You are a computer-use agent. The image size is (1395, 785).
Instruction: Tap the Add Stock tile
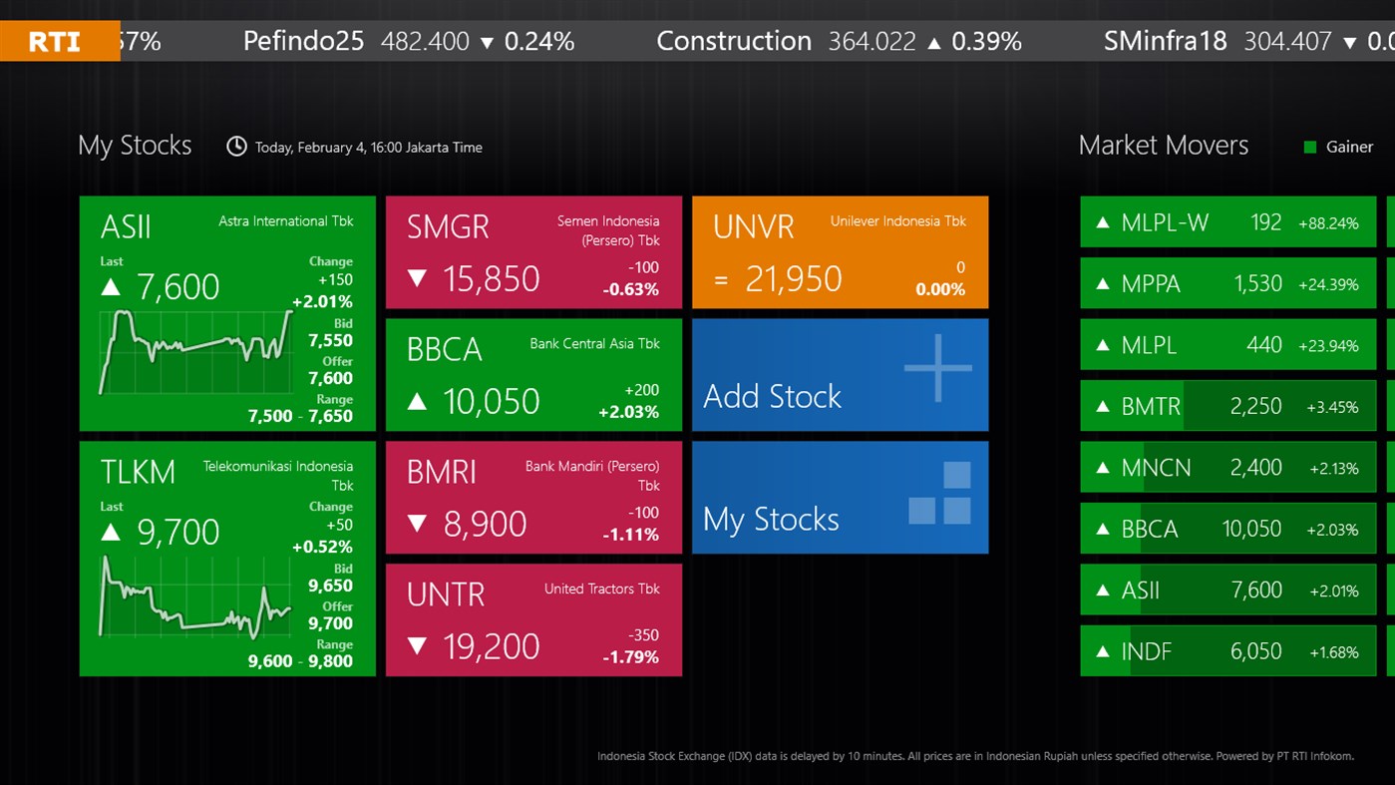840,375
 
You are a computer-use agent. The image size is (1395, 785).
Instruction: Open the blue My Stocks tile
840,498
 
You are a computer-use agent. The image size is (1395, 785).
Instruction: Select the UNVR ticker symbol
753,226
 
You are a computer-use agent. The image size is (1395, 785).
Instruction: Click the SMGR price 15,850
491,279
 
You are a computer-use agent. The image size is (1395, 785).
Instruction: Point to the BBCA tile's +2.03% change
628,412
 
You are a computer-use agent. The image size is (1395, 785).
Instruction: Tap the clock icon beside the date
236,147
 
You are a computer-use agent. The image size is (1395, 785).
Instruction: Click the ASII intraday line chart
195,351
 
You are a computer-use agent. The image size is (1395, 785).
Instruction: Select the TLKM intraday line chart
195,596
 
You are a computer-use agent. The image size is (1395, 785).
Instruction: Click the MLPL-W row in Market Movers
1227,222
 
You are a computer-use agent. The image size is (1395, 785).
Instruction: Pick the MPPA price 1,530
1257,284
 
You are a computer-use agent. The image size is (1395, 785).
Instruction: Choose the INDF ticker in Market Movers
1146,652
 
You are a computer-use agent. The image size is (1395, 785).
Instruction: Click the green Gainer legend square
1310,148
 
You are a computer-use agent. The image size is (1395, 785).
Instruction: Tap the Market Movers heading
1163,146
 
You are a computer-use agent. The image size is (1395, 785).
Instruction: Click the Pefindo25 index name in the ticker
303,41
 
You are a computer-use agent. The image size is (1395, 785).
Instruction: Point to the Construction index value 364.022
872,41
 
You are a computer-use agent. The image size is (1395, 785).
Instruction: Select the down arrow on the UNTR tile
418,646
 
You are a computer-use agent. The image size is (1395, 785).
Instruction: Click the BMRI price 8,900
485,525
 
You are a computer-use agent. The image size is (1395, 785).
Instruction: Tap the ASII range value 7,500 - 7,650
300,416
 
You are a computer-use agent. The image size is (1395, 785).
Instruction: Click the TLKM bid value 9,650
330,586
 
